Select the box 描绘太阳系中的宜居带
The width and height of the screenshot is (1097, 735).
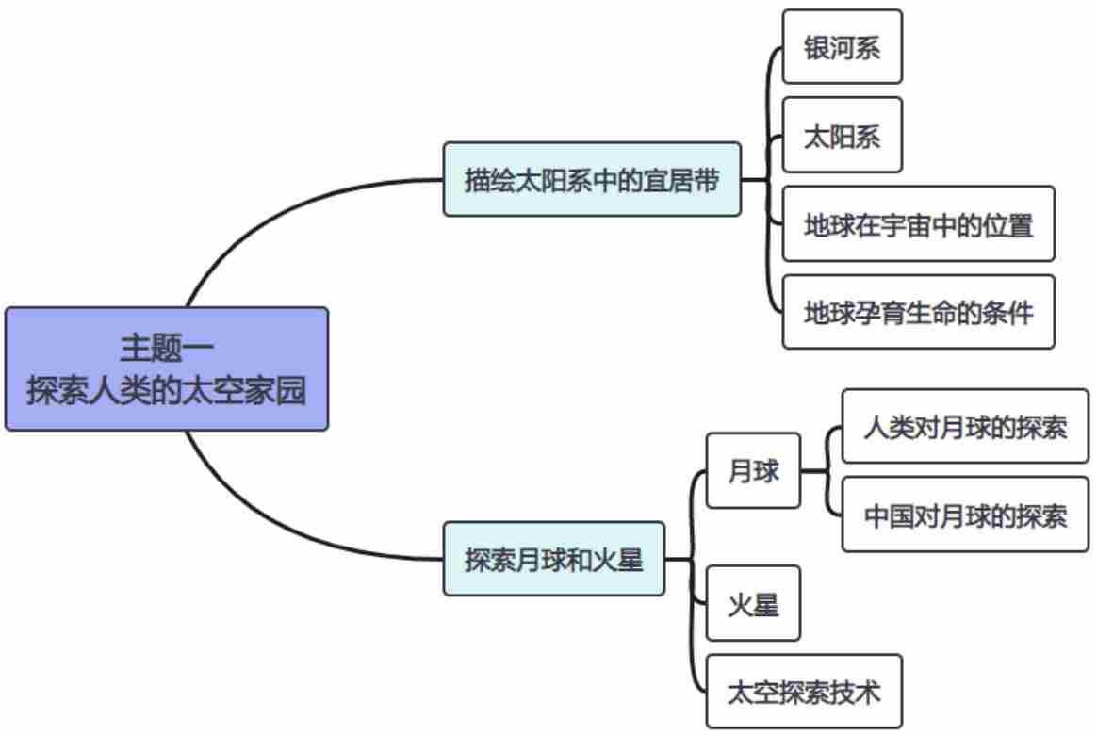(592, 180)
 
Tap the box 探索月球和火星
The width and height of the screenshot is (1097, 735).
(553, 560)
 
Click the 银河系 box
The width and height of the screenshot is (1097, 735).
(842, 47)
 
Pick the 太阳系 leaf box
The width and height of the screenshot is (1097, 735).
(842, 136)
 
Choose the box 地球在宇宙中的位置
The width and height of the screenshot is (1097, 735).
(918, 224)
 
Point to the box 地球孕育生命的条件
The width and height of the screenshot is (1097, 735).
(918, 312)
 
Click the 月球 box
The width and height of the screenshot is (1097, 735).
(753, 471)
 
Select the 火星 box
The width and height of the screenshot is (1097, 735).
(753, 604)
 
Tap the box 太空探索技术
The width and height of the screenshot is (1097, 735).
(804, 692)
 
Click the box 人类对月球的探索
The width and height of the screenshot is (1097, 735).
(965, 427)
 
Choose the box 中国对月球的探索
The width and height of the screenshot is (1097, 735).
(965, 515)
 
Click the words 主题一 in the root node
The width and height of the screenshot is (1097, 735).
(167, 348)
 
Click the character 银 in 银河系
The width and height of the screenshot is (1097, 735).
(816, 48)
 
